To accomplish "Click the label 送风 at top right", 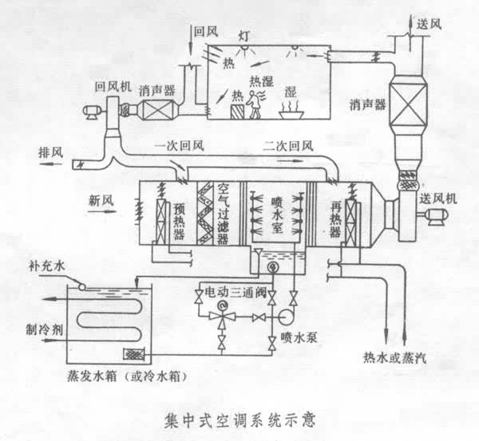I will tap(430, 24).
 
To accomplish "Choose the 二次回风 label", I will tap(287, 144).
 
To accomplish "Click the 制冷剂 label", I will tap(41, 328).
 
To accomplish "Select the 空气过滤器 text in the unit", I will tap(224, 211).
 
